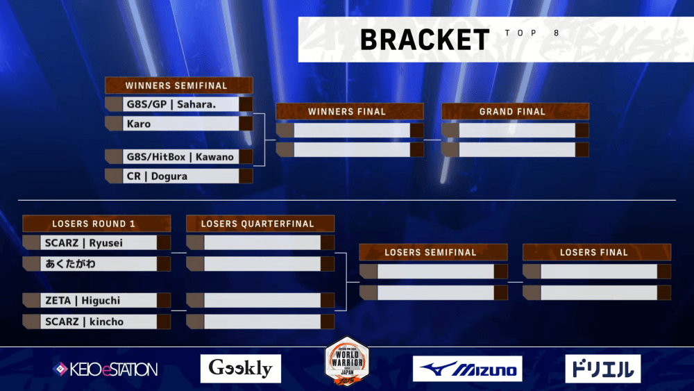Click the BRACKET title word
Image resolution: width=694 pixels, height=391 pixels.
[424, 40]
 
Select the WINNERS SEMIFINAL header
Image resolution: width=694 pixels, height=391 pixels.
[178, 85]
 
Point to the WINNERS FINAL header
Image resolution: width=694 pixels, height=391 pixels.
[349, 111]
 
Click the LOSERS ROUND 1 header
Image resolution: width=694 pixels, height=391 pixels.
[96, 224]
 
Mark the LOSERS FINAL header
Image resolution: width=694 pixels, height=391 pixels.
[596, 252]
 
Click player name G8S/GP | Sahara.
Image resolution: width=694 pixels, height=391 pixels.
[171, 104]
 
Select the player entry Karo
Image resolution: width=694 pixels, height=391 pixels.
[139, 124]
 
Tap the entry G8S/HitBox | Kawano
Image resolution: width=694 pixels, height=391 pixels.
[180, 156]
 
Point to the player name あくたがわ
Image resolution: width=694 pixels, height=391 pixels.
[70, 263]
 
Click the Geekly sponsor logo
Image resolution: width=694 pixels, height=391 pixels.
[241, 369]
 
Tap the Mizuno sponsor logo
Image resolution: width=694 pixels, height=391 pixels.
[467, 369]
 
